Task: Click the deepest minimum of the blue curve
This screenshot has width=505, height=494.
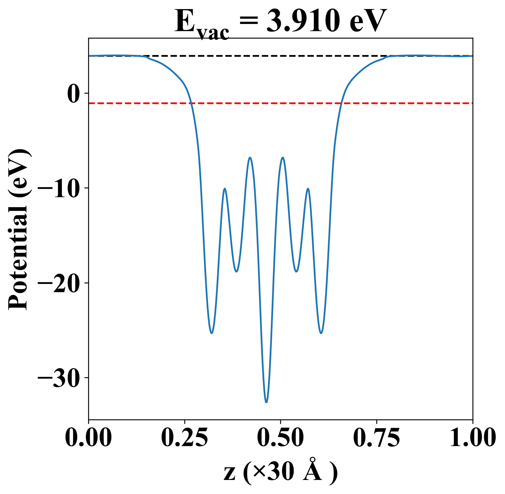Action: coord(266,402)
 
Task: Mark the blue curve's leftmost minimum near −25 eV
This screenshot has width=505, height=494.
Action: coord(212,333)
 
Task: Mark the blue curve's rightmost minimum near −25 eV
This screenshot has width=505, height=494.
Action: coord(321,333)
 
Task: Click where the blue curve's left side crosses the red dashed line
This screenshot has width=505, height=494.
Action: coord(191,103)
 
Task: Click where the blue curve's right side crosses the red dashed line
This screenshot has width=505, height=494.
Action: coord(341,103)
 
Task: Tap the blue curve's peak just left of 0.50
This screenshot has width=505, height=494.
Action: coord(250,158)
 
